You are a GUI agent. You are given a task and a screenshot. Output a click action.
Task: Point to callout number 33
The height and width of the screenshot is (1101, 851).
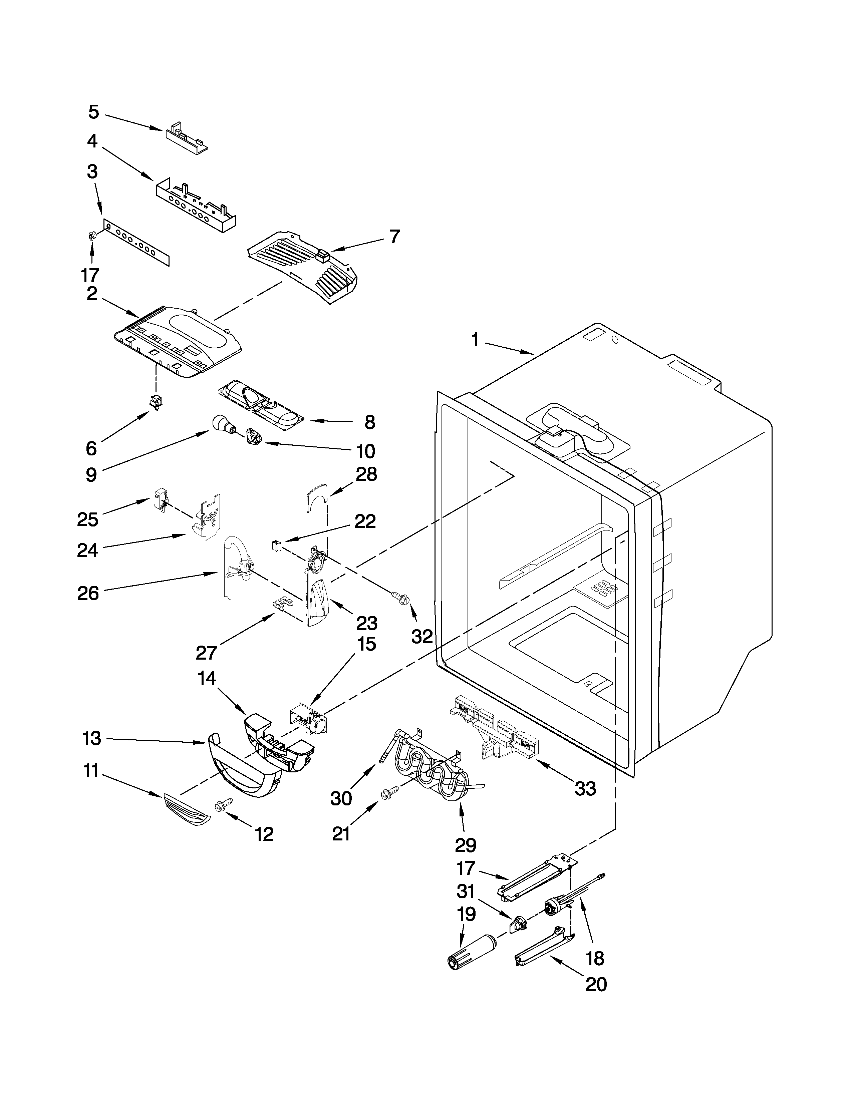[585, 788]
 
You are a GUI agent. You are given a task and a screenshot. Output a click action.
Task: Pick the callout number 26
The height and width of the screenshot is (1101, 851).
[88, 593]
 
